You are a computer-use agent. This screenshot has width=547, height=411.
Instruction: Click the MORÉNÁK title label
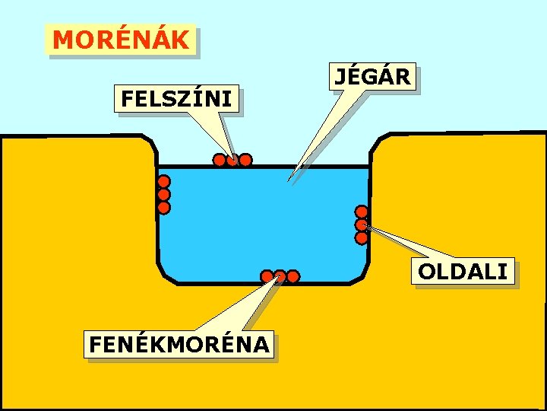[x=122, y=40]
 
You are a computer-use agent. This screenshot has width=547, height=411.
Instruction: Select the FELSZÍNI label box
[x=176, y=99]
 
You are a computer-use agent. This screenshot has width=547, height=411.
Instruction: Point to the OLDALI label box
[x=463, y=271]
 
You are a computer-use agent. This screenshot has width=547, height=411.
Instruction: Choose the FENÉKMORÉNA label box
[x=179, y=345]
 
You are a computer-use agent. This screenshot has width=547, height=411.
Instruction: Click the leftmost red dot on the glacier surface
[x=219, y=160]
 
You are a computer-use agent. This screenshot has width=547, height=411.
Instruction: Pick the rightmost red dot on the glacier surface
[x=245, y=160]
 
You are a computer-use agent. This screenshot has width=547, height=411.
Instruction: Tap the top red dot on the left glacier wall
[x=164, y=182]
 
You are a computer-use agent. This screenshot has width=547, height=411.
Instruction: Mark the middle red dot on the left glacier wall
[x=164, y=194]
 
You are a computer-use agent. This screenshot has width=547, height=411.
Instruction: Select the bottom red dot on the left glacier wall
[x=164, y=207]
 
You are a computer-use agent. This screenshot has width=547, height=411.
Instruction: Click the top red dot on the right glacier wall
[x=362, y=212]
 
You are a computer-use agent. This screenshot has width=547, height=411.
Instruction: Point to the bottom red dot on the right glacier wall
[x=362, y=237]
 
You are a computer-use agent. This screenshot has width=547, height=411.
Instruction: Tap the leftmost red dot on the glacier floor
[x=267, y=276]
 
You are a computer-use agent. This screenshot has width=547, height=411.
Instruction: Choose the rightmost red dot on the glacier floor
[x=293, y=276]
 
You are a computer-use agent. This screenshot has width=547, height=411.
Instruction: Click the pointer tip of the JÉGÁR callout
[x=289, y=180]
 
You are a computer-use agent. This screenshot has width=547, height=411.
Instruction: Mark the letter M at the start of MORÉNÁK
[x=64, y=40]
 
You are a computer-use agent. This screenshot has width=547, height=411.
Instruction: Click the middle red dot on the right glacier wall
[x=362, y=225]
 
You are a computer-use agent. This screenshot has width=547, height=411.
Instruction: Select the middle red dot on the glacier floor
[x=280, y=276]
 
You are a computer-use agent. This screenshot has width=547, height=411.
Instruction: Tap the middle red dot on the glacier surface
[x=232, y=160]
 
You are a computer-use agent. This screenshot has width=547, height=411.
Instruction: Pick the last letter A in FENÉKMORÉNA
[x=261, y=345]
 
